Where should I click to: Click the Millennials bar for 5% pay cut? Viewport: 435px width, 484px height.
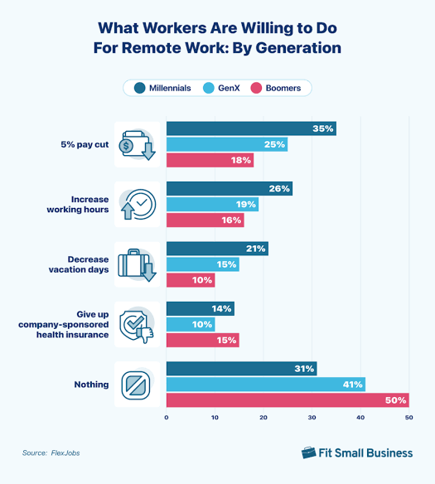251,128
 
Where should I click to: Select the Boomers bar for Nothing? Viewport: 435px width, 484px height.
288,400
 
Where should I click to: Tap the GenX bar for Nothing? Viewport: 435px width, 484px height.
266,384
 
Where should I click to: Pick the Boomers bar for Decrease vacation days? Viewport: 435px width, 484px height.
191,280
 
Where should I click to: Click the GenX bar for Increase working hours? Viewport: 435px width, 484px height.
212,204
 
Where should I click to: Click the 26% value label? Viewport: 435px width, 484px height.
280,189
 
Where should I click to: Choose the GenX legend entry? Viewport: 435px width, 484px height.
224,87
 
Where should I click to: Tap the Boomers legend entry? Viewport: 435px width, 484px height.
279,87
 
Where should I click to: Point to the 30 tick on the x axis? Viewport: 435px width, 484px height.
312,418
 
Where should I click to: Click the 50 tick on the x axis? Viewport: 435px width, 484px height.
408,418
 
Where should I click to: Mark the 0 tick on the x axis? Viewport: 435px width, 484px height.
167,418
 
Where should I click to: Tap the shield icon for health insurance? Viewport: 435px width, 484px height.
136,325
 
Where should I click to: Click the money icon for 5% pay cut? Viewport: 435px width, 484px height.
136,144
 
